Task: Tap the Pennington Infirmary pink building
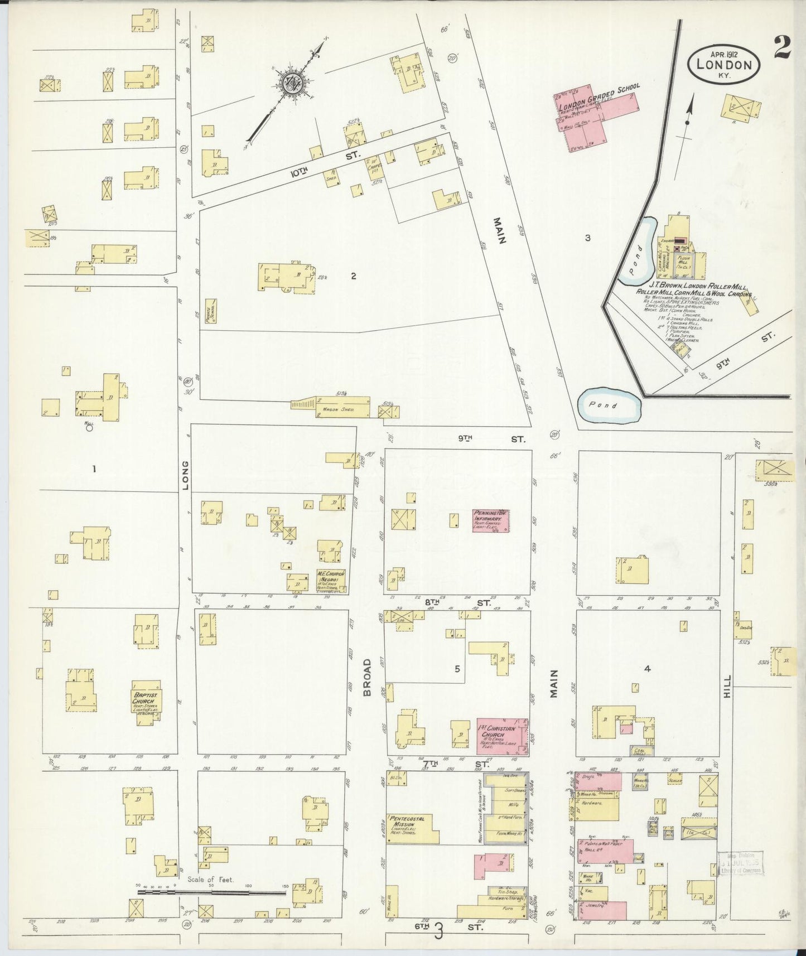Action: [x=490, y=520]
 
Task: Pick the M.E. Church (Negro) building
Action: [x=331, y=581]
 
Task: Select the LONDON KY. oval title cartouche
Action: [x=724, y=64]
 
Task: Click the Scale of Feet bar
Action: [x=212, y=892]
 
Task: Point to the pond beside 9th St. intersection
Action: [x=608, y=405]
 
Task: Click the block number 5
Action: [x=457, y=669]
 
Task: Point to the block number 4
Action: [x=647, y=669]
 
